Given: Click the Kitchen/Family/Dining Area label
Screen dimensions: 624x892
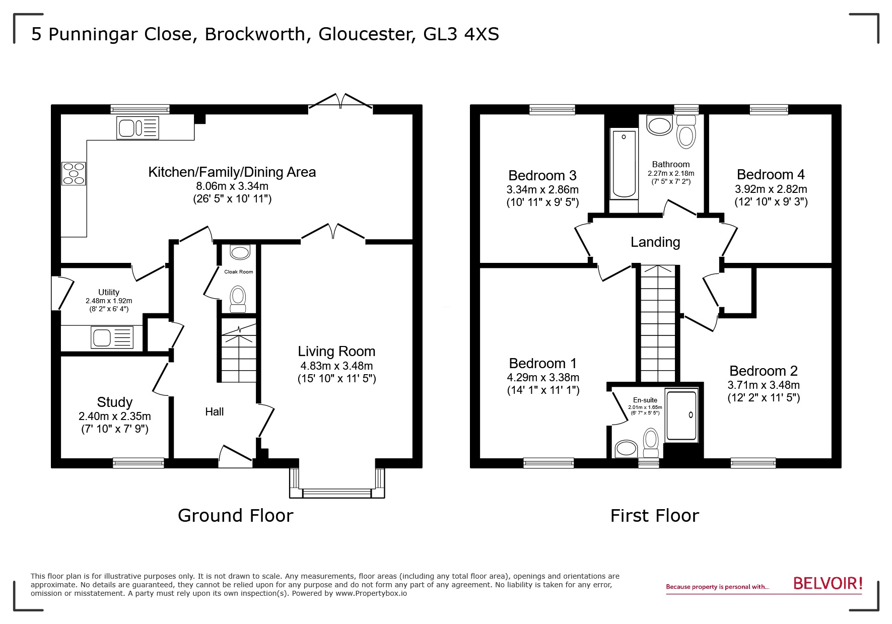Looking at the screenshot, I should (232, 172).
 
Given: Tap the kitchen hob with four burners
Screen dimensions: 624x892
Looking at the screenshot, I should (74, 173).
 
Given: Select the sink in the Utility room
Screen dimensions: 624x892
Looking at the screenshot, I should (112, 337).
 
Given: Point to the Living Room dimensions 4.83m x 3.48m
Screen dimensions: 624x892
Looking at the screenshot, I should (336, 366).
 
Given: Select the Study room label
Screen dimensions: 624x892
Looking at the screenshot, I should (114, 402).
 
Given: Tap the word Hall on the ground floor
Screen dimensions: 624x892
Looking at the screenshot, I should (214, 412).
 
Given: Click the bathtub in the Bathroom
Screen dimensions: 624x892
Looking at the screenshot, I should (624, 164).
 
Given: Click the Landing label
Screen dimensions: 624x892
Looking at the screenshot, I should (655, 242).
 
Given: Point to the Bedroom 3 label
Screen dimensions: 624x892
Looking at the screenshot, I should (542, 175).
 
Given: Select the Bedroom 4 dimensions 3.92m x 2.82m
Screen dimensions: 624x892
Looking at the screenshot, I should (771, 189).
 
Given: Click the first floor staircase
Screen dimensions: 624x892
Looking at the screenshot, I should (657, 322).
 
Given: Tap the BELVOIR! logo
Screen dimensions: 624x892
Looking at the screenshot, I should (828, 583).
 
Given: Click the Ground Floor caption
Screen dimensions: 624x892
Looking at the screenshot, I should (235, 516).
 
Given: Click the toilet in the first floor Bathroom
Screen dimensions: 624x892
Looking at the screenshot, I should (685, 132).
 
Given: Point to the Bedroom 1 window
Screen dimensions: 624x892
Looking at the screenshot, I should (548, 463).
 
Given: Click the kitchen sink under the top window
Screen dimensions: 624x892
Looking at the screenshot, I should (138, 127).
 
